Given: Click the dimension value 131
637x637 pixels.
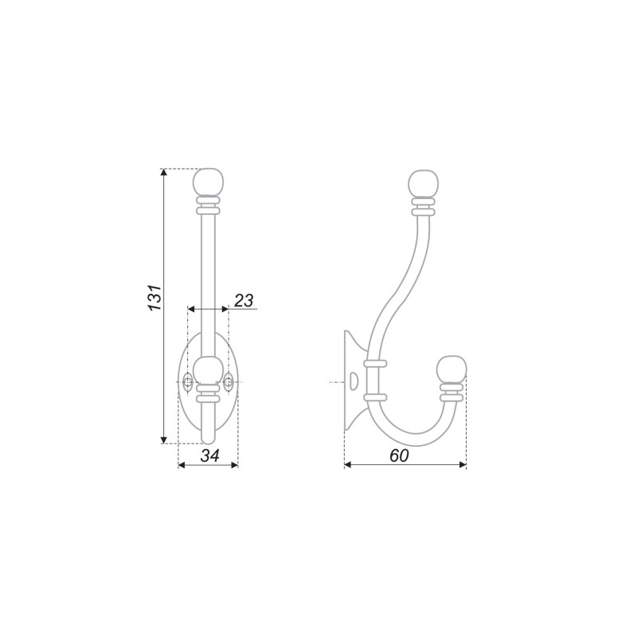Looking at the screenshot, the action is pyautogui.click(x=155, y=298).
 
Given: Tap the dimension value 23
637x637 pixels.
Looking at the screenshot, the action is pyautogui.click(x=244, y=301).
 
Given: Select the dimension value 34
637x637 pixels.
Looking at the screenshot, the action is pyautogui.click(x=210, y=455).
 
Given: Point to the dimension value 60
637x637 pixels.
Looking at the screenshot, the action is pyautogui.click(x=399, y=455).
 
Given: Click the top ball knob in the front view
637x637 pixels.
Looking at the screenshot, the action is pyautogui.click(x=209, y=182).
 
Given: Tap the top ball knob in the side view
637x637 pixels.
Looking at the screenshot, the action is pyautogui.click(x=424, y=184).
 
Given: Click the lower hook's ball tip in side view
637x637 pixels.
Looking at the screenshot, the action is pyautogui.click(x=451, y=370).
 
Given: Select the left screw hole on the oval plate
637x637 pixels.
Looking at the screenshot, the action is pyautogui.click(x=188, y=382).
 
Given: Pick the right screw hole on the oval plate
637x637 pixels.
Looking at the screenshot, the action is pyautogui.click(x=229, y=382).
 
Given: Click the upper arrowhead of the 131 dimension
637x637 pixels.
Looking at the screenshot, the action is pyautogui.click(x=164, y=172).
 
